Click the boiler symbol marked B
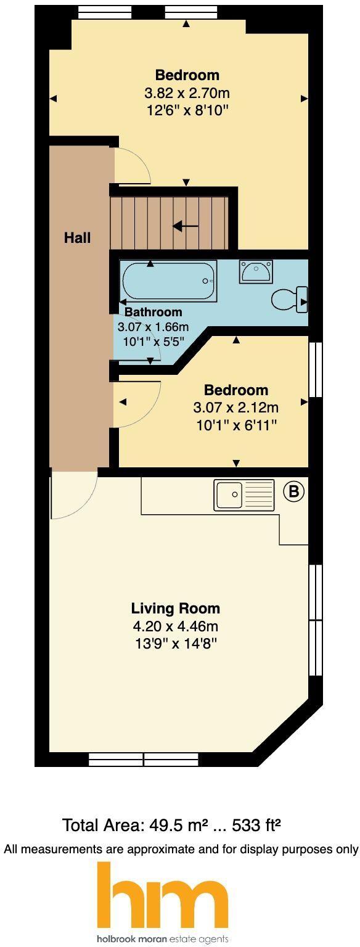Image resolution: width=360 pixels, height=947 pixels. (294, 491)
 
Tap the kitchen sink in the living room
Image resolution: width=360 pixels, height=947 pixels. (244, 495)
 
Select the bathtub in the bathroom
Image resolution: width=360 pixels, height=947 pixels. (168, 281)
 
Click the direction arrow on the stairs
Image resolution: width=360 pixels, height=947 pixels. (185, 227)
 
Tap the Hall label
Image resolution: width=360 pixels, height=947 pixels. (78, 238)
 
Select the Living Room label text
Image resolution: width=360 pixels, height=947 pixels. (175, 609)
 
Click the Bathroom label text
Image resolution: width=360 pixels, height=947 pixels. (153, 312)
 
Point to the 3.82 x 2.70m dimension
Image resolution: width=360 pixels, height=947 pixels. (187, 94)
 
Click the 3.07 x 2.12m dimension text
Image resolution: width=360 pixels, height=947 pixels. (236, 408)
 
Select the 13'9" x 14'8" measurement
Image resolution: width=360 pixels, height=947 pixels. (175, 644)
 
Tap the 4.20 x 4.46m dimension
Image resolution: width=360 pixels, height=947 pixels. (175, 627)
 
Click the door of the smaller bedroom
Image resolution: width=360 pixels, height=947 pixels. (137, 404)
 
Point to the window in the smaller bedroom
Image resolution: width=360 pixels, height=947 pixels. (316, 369)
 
